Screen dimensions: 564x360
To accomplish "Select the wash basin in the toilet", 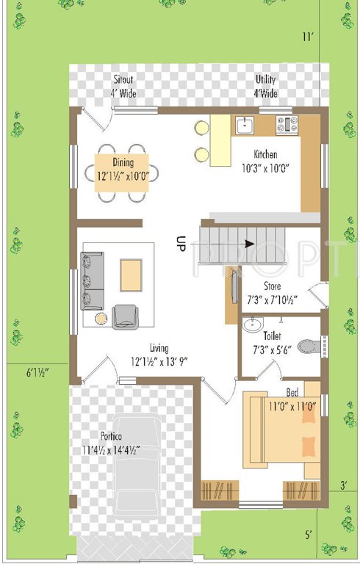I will pos(253,324).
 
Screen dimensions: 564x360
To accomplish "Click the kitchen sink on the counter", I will pos(245,125).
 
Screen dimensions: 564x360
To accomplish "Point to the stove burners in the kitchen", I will pos(284,125).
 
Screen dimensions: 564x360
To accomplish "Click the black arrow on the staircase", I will pos(250,244).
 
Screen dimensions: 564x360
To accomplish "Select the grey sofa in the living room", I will pos(92,281).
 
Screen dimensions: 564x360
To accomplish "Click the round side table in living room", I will pos(101,317).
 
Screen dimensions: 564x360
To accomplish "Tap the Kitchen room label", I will pos(266,155).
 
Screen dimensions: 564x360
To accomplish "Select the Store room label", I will pos(272,286).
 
